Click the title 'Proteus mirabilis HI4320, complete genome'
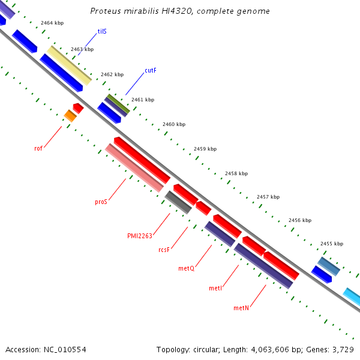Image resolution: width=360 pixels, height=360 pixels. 180,11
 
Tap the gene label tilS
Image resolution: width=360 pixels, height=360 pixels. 102,31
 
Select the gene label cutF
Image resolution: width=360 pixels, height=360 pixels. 151,71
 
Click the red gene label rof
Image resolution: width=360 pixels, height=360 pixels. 38,148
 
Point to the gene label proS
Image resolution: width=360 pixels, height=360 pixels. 101,202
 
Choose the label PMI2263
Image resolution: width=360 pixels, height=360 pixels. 140,236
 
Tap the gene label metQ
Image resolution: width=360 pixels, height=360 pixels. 187,268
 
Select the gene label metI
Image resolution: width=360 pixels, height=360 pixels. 215,289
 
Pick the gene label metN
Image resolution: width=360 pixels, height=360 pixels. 241,308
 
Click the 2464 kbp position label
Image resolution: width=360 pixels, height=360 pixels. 52,23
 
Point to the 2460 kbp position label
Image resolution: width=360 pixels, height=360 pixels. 174,124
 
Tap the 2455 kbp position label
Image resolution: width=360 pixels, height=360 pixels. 331,244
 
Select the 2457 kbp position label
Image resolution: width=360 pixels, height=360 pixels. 268,197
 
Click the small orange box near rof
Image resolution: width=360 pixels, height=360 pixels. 70,116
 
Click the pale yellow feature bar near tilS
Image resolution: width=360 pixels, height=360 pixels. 70,65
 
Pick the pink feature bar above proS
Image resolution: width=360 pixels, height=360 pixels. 134,168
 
